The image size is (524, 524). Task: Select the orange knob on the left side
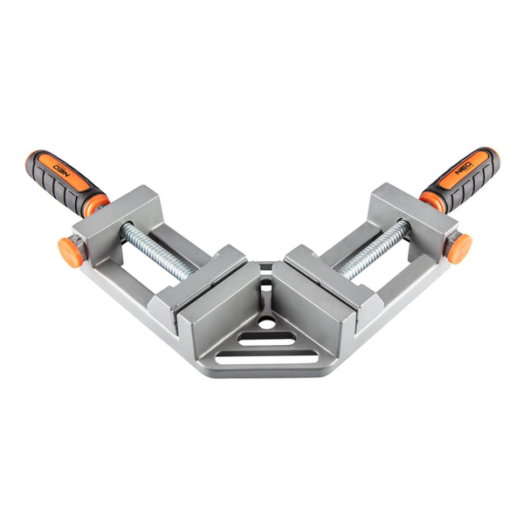tap(70, 252)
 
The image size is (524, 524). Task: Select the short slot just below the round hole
tap(266, 341)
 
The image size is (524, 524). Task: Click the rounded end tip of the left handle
tap(32, 159)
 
